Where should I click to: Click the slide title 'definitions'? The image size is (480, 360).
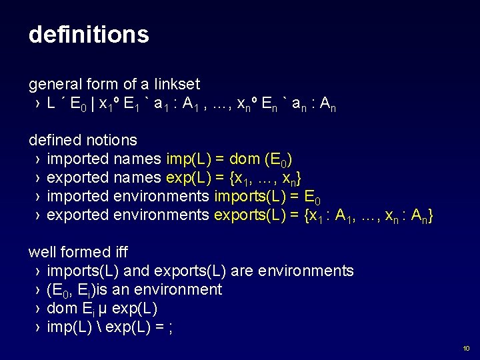(89, 35)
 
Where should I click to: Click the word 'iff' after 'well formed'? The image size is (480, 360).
(121, 253)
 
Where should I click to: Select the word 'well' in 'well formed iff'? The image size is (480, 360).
(39, 253)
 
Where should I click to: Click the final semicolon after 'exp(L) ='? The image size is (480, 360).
(171, 328)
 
